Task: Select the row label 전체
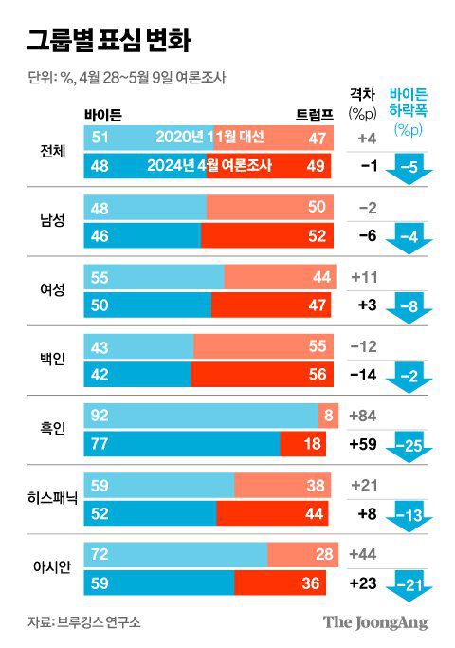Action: tap(48, 151)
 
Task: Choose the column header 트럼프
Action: tap(315, 115)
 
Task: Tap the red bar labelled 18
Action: tap(306, 443)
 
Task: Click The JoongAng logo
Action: tap(375, 622)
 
